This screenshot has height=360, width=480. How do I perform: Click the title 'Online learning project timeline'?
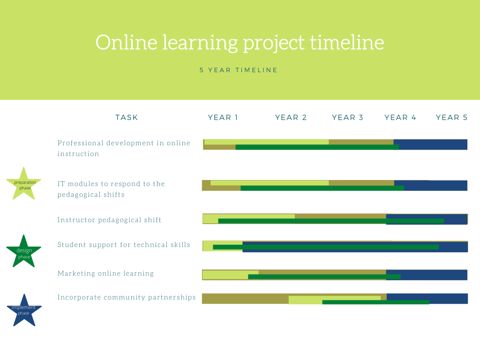click(x=240, y=43)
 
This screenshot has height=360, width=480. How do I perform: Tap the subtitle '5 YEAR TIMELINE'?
click(x=239, y=70)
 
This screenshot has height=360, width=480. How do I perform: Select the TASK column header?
click(x=127, y=118)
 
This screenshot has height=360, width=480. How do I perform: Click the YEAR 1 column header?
click(x=223, y=118)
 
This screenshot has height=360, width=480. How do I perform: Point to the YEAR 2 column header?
click(x=291, y=118)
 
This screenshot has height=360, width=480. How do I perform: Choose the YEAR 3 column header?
click(x=348, y=118)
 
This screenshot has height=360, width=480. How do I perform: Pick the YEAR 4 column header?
click(x=400, y=118)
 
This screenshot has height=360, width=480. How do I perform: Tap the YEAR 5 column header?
click(x=452, y=118)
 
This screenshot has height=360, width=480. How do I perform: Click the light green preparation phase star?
click(x=24, y=185)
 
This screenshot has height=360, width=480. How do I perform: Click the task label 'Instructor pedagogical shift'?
click(x=109, y=220)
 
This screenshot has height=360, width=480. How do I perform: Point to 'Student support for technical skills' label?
click(x=124, y=245)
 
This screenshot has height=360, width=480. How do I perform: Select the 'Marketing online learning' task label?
click(x=105, y=273)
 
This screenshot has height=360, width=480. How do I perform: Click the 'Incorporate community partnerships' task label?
click(x=127, y=298)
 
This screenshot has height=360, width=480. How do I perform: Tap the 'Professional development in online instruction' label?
click(x=124, y=149)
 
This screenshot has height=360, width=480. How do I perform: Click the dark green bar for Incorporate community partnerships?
click(x=376, y=302)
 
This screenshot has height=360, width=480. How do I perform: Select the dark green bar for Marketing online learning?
click(x=324, y=277)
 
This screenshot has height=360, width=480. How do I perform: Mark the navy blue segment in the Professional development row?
click(x=430, y=144)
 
